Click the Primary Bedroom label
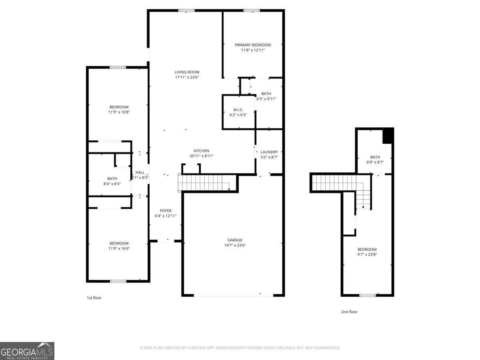point(252,45)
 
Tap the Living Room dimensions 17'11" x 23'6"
point(187,78)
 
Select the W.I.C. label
point(238,110)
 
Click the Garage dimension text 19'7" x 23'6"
point(235,245)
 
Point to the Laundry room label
point(269,152)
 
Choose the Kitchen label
point(202,151)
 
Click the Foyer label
point(166,210)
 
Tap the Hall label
point(140,172)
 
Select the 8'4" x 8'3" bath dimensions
point(112,184)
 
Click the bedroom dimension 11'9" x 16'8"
point(119,112)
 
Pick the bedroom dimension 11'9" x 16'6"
point(119,248)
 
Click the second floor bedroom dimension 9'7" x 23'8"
point(367,254)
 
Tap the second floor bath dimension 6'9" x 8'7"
point(375,162)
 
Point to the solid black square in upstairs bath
point(388,136)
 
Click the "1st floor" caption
point(94,298)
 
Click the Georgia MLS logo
point(27,351)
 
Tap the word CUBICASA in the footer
point(196,348)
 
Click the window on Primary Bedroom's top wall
point(252,10)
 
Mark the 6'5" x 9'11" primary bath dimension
point(266,99)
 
